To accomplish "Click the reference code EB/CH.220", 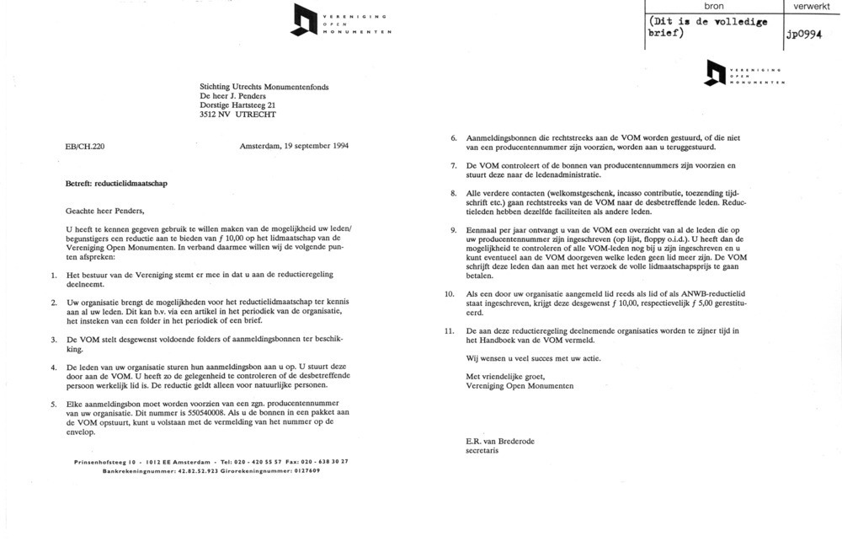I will tap(84, 146).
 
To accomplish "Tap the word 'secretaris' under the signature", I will tap(482, 451).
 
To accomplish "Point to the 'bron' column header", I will tap(712, 7).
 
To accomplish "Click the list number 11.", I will tap(449, 330).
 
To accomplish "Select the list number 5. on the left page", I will tap(53, 404).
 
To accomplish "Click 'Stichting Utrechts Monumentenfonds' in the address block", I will tap(264, 86).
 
